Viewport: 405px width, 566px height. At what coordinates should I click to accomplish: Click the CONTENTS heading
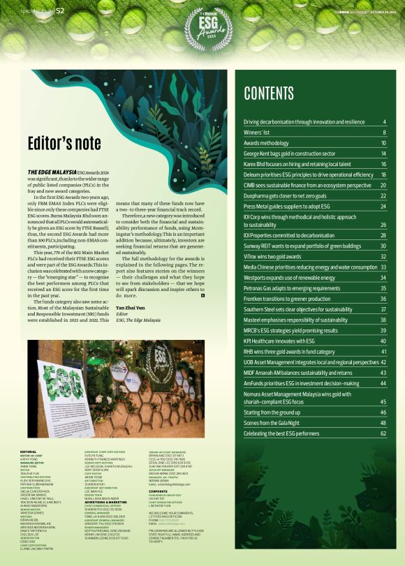pos(269,94)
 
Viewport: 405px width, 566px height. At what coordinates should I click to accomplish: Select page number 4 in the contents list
pos(384,122)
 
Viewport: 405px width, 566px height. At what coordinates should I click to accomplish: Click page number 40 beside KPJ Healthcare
pos(383,341)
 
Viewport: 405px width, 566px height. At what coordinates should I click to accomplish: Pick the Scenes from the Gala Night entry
pos(279,423)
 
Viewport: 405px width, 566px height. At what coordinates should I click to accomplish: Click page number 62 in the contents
pos(383,433)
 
